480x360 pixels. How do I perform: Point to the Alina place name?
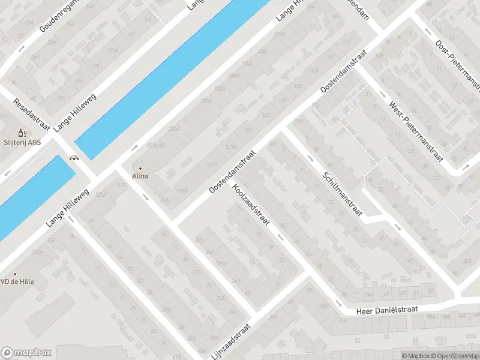140,176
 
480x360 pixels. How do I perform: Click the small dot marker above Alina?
140,169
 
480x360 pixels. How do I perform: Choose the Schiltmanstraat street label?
341,195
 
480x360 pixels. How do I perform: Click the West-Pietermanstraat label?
416,131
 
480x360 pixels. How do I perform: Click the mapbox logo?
27,352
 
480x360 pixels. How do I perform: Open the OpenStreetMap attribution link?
454,356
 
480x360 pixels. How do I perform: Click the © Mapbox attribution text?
416,356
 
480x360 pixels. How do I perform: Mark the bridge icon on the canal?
75,158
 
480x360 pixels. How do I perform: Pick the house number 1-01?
122,185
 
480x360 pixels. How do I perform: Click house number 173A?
182,190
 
